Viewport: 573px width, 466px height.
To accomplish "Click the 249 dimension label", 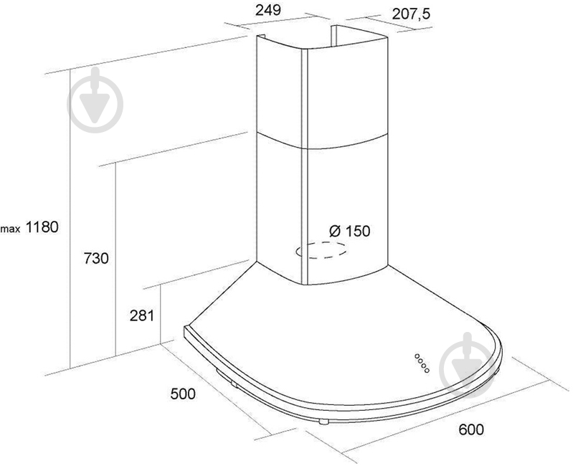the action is pos(268,10).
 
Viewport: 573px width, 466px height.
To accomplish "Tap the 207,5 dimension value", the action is pos(412,14).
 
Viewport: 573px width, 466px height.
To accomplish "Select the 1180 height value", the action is pos(42,227).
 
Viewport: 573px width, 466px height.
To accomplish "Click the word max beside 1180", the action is pos(10,229).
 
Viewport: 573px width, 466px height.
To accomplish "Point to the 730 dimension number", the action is pos(97,258).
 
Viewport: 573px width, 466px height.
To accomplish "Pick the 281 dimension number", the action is pos(142,315).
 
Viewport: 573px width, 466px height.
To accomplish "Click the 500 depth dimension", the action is pos(183,394).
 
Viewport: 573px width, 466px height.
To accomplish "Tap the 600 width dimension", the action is pos(471,429).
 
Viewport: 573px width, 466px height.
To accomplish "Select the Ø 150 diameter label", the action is pos(350,231).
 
